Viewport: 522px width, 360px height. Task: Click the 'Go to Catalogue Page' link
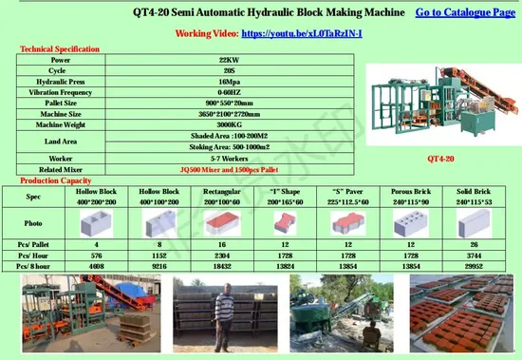[x=465, y=11]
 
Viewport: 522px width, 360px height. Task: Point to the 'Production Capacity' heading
[x=54, y=180]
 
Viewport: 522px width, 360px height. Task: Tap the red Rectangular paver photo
[x=221, y=223]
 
